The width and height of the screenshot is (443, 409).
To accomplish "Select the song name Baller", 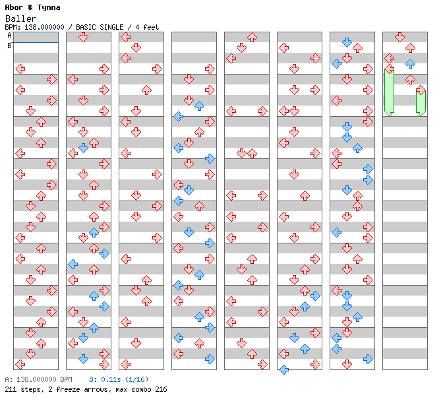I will [x=20, y=18].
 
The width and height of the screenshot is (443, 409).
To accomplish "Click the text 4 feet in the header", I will [x=146, y=27].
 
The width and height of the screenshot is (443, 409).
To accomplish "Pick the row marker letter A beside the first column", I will [x=9, y=36].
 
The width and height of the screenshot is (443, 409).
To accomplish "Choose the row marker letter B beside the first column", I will [x=9, y=46].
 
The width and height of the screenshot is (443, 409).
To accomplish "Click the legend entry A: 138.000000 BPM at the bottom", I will [x=38, y=380].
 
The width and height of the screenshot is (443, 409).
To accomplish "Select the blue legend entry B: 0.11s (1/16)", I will [x=119, y=380].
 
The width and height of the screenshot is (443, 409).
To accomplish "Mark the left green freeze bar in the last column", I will [x=389, y=92].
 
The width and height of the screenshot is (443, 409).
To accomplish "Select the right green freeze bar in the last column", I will [x=421, y=102].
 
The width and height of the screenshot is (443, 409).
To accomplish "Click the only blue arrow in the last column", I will [x=410, y=64].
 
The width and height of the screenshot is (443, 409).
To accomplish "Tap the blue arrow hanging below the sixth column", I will [x=283, y=369].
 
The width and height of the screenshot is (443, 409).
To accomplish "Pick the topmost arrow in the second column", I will [x=83, y=37].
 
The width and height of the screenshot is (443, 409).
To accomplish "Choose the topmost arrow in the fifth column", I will [x=252, y=37].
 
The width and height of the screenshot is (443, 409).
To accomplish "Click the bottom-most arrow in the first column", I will [x=20, y=364].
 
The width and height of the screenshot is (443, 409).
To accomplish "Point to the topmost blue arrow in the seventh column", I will [x=347, y=42].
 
